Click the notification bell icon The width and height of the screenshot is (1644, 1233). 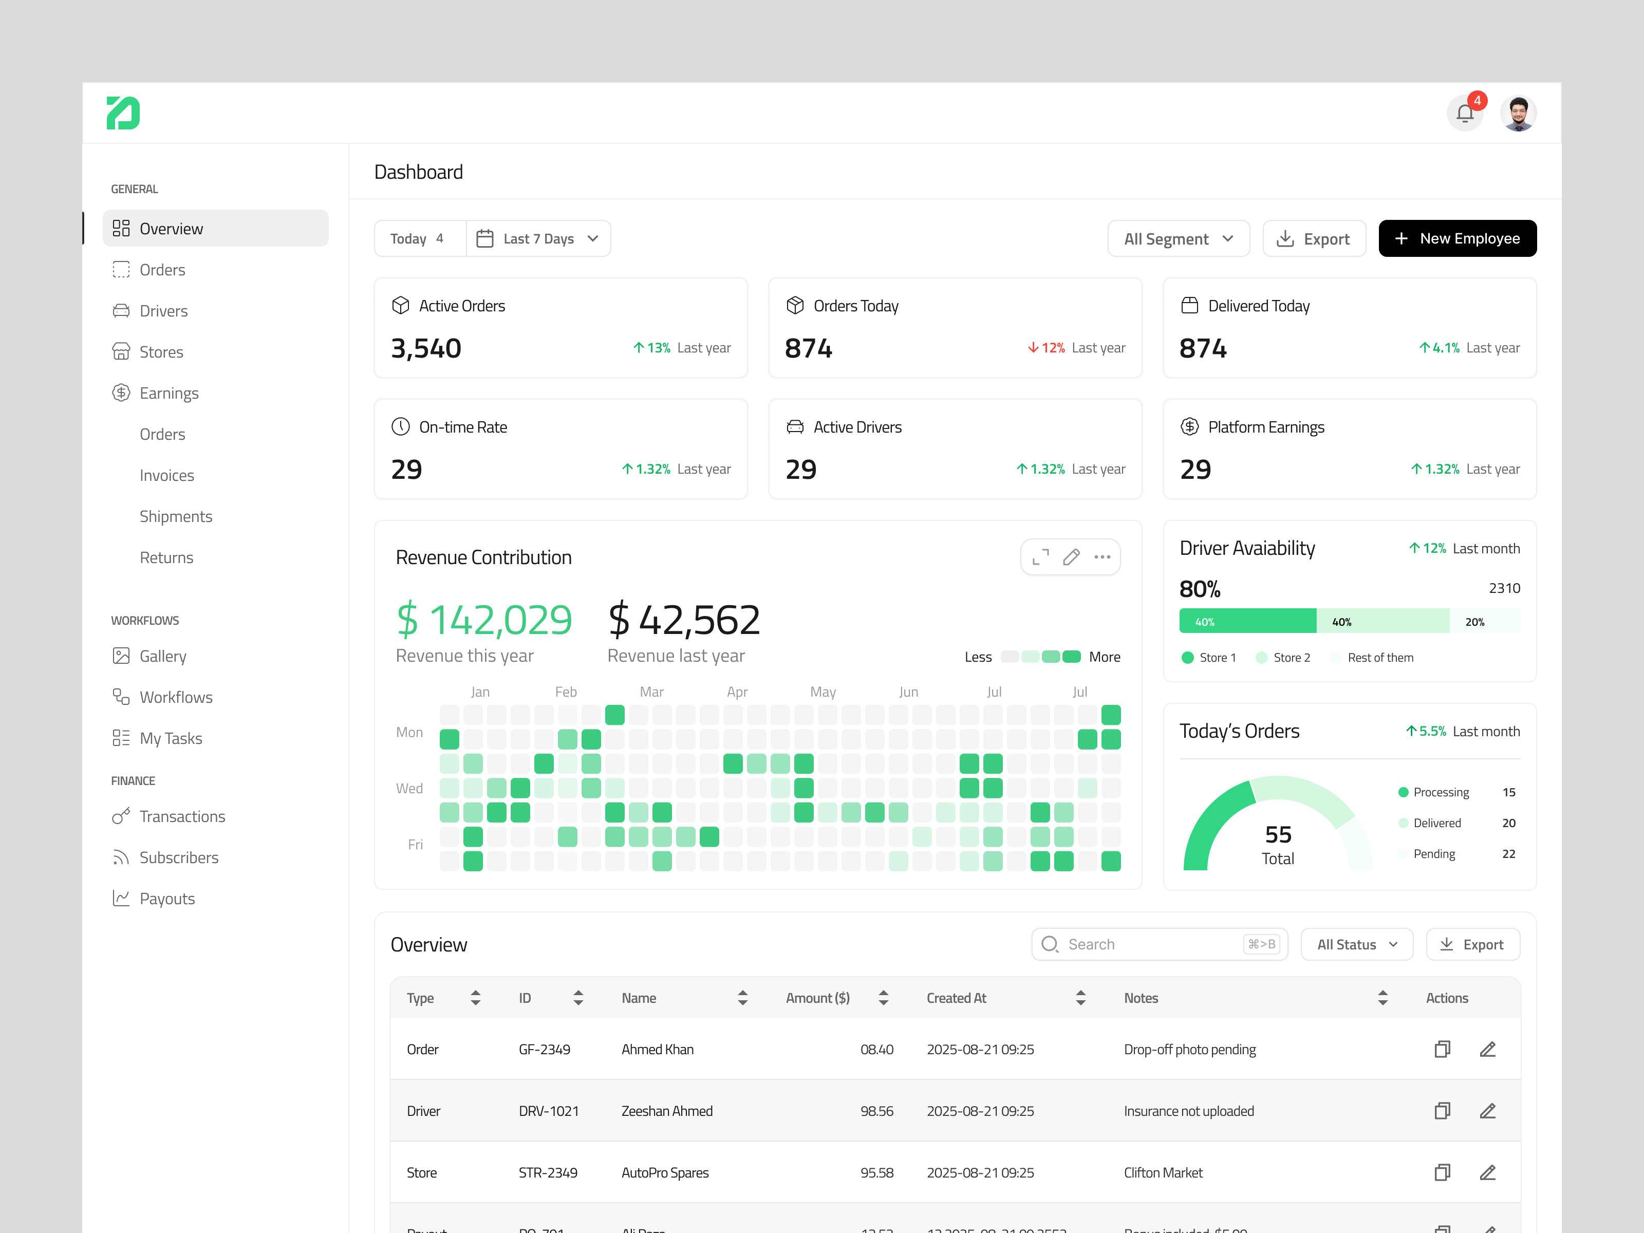1464,114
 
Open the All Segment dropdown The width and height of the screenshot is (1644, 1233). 1178,238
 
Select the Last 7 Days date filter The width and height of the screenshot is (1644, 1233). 538,238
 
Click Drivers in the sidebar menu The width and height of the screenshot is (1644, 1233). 163,311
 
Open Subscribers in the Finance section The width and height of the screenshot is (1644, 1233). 178,857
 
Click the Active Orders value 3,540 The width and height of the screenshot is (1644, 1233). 426,348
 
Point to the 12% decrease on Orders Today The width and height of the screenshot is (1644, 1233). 1047,348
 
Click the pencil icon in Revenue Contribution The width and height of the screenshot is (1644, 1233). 1071,557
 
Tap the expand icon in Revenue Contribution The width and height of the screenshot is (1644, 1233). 1040,557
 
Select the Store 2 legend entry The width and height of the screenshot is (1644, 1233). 1291,658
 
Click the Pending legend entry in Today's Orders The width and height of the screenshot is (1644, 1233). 1434,854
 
